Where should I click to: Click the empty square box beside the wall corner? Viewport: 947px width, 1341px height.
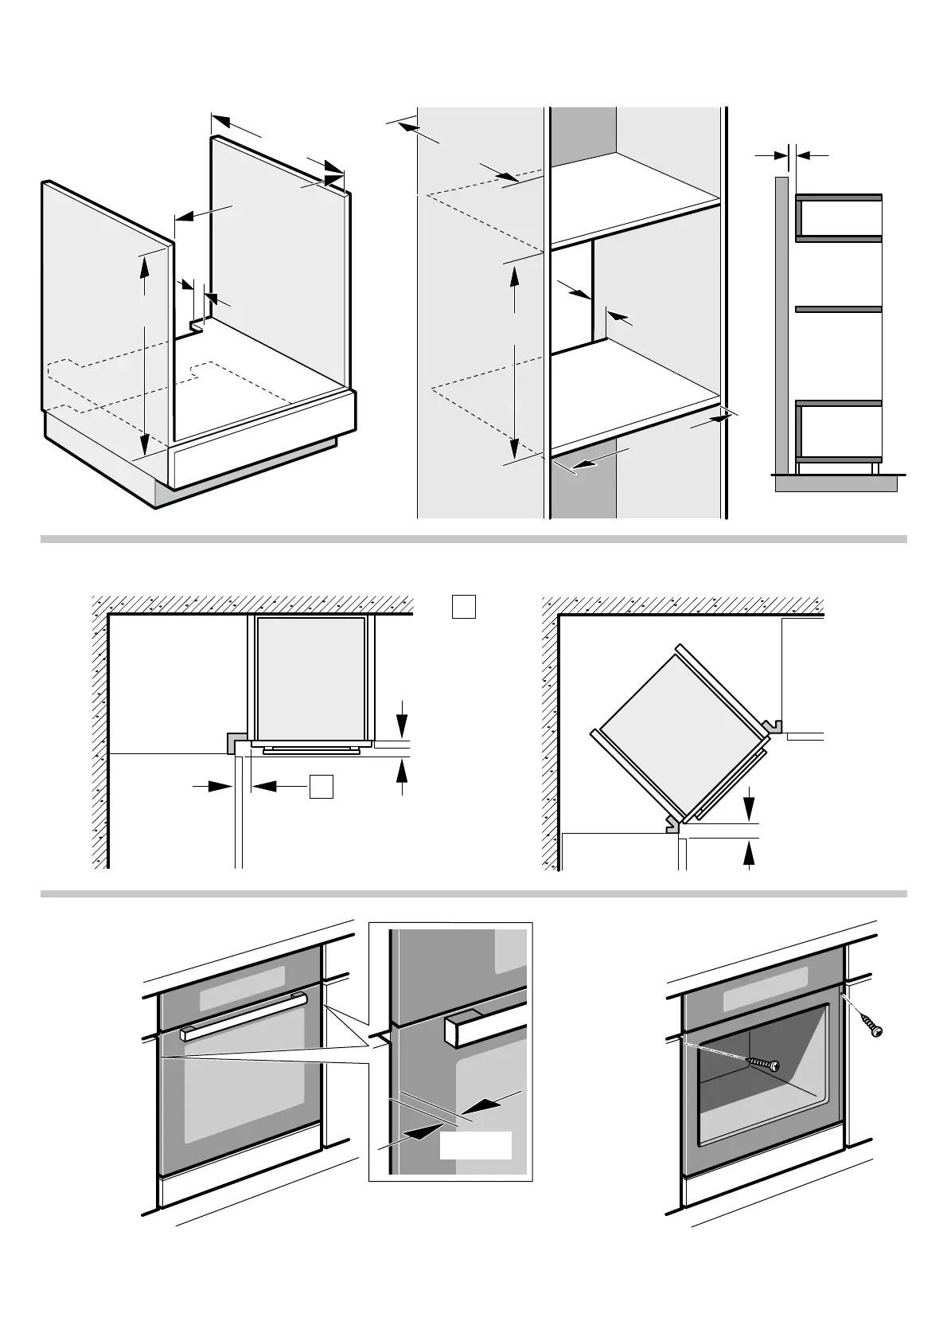(x=464, y=608)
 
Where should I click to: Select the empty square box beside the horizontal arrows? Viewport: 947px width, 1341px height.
(x=321, y=786)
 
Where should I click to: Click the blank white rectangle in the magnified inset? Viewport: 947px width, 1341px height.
(x=475, y=1144)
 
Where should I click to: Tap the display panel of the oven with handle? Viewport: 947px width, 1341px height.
(x=243, y=979)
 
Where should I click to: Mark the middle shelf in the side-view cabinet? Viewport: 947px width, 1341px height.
(x=839, y=309)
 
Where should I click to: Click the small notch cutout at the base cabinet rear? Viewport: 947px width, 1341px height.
(x=196, y=327)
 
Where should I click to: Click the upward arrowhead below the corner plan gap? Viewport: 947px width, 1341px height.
(x=749, y=853)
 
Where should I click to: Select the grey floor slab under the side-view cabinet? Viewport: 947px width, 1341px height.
(x=836, y=483)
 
